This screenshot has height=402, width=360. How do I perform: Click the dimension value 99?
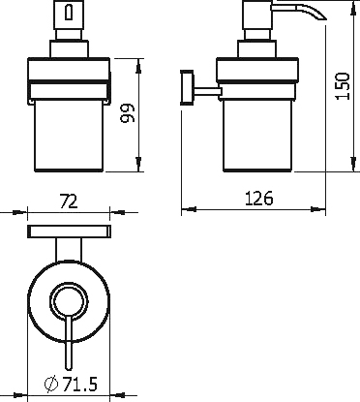127,113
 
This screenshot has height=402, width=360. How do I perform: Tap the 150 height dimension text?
343,86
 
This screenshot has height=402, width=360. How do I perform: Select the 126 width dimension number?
259,199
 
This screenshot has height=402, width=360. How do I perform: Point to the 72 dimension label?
69,201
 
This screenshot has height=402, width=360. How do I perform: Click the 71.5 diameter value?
79,385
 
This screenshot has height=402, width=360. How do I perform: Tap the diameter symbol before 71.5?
51,385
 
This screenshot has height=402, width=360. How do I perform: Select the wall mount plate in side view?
187,87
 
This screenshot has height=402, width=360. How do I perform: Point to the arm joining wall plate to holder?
207,92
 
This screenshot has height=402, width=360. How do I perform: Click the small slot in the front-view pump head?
69,12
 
